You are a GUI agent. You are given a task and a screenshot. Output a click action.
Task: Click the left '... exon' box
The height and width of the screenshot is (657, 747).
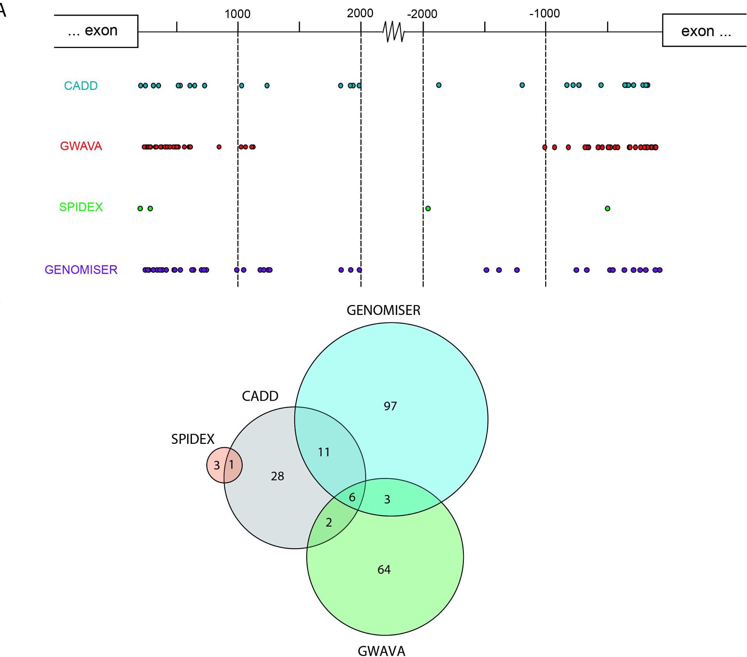[x=96, y=31]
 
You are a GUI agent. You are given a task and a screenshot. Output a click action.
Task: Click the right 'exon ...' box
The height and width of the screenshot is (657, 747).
[x=704, y=31]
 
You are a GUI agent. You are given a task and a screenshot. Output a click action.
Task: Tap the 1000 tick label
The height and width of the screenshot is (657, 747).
[x=237, y=14]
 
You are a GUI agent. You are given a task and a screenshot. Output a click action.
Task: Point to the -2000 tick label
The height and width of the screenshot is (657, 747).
[x=422, y=14]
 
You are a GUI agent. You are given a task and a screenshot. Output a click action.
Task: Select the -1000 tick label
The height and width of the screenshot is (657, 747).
[x=545, y=14]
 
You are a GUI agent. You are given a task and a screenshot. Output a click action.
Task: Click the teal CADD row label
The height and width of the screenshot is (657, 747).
[x=81, y=85]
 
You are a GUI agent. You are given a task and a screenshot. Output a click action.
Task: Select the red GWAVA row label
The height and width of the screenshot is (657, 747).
[x=81, y=146]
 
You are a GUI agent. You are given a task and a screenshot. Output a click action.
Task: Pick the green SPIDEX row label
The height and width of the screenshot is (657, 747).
[x=81, y=207]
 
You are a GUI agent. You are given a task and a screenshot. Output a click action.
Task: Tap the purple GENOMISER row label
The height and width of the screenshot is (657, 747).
[x=81, y=270]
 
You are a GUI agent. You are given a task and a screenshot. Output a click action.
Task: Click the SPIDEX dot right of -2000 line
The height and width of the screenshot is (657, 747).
[x=428, y=208]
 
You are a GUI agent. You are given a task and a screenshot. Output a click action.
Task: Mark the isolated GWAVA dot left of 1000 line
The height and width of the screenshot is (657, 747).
[x=219, y=147]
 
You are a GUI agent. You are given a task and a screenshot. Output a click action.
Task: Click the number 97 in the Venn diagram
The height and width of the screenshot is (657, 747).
[x=390, y=406]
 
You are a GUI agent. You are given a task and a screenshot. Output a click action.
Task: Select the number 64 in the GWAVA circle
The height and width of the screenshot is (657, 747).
[x=384, y=570]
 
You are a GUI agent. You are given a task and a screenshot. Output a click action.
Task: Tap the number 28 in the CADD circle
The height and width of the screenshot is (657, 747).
[x=277, y=476]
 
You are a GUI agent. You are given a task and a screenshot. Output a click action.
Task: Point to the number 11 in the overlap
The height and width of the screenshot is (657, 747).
[x=324, y=452]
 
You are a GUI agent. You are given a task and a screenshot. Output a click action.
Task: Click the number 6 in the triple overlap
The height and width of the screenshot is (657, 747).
[x=352, y=497]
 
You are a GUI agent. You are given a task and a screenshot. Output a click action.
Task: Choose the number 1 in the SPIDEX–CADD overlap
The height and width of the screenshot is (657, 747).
[x=231, y=465]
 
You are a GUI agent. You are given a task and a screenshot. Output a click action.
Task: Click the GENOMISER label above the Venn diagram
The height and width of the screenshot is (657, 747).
[x=383, y=310]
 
